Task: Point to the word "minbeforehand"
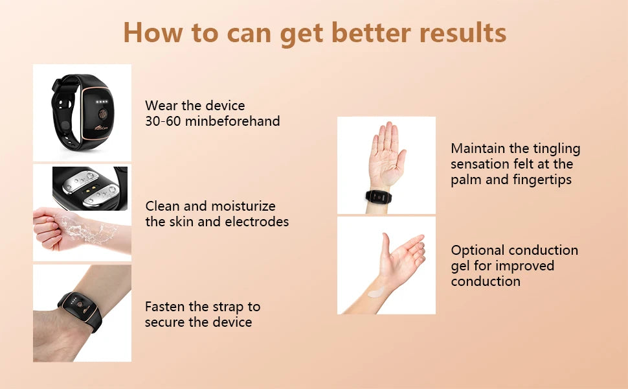tap(232, 121)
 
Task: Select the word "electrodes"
tap(256, 222)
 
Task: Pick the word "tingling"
tap(555, 148)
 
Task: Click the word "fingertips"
tap(540, 180)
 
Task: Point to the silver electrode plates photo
tap(91, 188)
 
